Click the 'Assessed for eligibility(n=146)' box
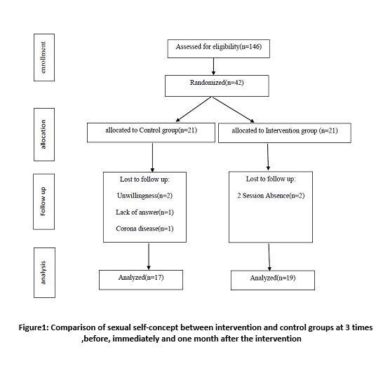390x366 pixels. pos(218,49)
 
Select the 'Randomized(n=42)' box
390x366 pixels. pos(217,86)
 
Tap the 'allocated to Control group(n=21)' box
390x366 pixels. pos(151,133)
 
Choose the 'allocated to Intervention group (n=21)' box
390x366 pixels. pos(285,133)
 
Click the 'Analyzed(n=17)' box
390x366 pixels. pos(141,280)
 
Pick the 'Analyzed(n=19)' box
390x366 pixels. pos(273,280)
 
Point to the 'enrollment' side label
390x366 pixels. pos(44,57)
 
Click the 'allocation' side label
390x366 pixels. pos(44,135)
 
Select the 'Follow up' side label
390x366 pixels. pos(43,202)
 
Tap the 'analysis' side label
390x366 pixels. pos(44,273)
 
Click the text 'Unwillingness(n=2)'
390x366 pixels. pos(144,196)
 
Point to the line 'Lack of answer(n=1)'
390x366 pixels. pos(144,212)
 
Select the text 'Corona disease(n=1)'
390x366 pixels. pos(144,229)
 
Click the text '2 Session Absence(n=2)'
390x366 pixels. pos(271,196)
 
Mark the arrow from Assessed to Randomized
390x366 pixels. pos(213,67)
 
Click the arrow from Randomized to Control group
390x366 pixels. pos(194,109)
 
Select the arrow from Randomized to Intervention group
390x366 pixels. pos(233,109)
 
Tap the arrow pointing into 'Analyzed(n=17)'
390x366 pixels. pos(149,256)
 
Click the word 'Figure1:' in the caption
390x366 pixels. pos(34,327)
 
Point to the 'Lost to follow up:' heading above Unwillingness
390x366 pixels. pos(144,179)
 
